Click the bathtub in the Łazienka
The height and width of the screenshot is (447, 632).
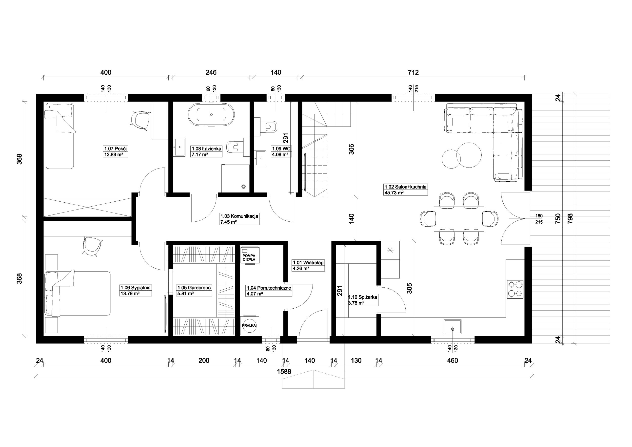pyautogui.click(x=211, y=115)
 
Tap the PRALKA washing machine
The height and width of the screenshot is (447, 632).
pyautogui.click(x=249, y=325)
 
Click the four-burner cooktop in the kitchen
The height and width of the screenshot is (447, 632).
pyautogui.click(x=515, y=289)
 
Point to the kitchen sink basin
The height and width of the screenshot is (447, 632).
pyautogui.click(x=453, y=327)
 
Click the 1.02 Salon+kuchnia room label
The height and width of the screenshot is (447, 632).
pyautogui.click(x=405, y=187)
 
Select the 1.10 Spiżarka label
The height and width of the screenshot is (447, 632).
pyautogui.click(x=362, y=297)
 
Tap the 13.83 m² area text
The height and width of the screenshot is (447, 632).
pyautogui.click(x=113, y=155)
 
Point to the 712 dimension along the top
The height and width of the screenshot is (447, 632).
pyautogui.click(x=413, y=72)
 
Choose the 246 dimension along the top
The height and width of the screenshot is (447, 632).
pyautogui.click(x=211, y=72)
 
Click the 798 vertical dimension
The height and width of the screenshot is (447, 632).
pyautogui.click(x=570, y=218)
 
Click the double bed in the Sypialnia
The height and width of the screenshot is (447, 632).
pyautogui.click(x=77, y=293)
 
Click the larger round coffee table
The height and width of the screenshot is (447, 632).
pyautogui.click(x=469, y=155)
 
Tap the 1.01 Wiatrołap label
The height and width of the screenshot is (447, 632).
pyautogui.click(x=308, y=263)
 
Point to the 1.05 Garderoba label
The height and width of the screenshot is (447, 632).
pyautogui.click(x=194, y=288)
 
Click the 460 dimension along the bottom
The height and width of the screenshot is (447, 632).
pyautogui.click(x=453, y=361)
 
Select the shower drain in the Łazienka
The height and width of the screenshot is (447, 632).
pyautogui.click(x=243, y=187)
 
